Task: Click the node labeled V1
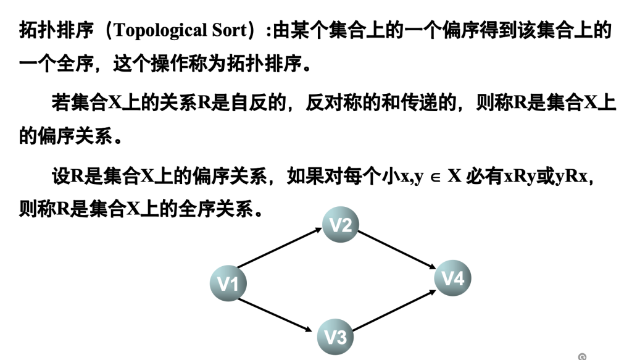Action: pos(228,283)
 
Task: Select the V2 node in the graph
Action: pos(340,225)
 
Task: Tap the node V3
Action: pos(335,337)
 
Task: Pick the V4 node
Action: pos(453,278)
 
